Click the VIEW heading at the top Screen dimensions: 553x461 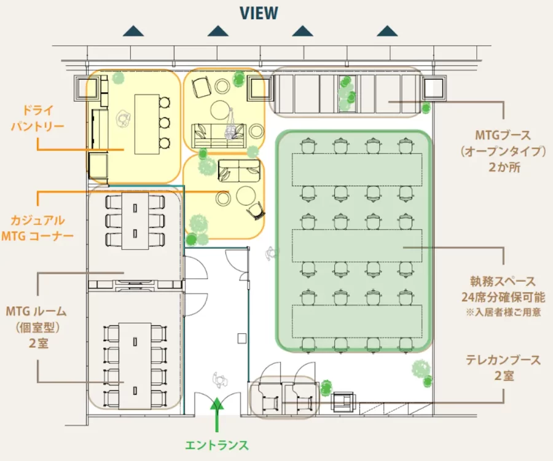click(259, 13)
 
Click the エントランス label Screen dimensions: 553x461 click(217, 445)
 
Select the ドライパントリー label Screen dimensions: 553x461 click(37, 118)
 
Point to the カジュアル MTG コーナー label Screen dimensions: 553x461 click(37, 228)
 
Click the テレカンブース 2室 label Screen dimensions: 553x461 click(503, 368)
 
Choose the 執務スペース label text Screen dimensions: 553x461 click(503, 281)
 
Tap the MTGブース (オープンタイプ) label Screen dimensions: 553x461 click(503, 143)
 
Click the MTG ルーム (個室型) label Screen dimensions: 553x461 click(37, 319)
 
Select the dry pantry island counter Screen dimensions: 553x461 click(147, 124)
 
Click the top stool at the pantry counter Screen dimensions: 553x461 click(165, 103)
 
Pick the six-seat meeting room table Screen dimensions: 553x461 click(135, 221)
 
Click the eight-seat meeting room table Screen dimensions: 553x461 click(135, 366)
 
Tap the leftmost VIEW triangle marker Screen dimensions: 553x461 click(133, 31)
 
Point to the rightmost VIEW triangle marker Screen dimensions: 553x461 click(387, 31)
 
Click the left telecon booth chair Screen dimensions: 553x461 click(270, 403)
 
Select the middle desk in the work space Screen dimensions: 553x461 click(357, 246)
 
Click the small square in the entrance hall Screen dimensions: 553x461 click(242, 338)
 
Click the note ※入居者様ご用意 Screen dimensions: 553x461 click(503, 312)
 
